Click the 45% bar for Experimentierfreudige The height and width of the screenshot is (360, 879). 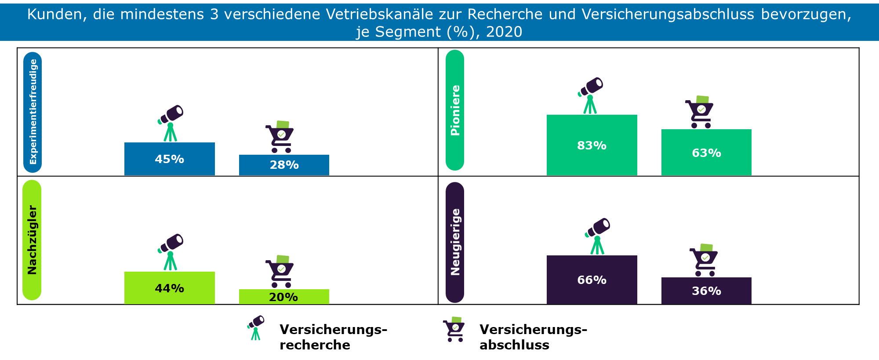(x=169, y=159)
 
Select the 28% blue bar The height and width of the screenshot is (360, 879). (x=284, y=165)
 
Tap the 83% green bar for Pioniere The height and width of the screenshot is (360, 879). (x=592, y=145)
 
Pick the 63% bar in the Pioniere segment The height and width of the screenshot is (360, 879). (x=706, y=152)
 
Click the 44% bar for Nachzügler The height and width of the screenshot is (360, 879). (x=169, y=288)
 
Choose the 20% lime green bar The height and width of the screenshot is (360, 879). (x=284, y=297)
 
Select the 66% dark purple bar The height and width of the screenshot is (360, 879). (x=592, y=280)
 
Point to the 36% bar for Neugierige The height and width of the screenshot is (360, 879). (x=706, y=291)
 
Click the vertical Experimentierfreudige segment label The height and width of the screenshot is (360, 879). (x=33, y=112)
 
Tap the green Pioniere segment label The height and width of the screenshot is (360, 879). (x=455, y=110)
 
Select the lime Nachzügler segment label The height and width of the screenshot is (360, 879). (x=32, y=240)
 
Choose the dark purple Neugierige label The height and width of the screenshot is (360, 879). (x=455, y=242)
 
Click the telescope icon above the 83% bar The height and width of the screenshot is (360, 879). (x=590, y=95)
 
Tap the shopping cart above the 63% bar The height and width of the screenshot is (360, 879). (x=700, y=112)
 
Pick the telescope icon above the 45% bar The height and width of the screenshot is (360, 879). (x=171, y=123)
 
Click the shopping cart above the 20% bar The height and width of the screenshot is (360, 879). (x=280, y=271)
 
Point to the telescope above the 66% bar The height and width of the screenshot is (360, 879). (x=597, y=236)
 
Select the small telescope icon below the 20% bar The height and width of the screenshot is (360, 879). (x=256, y=327)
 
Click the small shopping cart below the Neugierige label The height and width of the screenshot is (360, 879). (x=454, y=329)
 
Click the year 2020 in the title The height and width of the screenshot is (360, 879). (x=504, y=32)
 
